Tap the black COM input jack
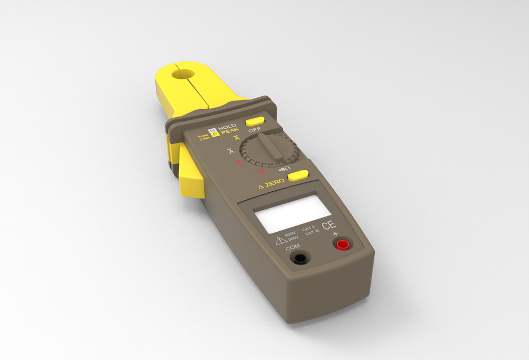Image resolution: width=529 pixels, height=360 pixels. [301, 258]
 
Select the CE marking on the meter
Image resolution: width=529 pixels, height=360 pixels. [329, 226]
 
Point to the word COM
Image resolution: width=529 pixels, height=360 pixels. [293, 247]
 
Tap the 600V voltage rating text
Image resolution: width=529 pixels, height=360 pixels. [290, 234]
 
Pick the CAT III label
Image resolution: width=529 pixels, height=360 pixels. [312, 234]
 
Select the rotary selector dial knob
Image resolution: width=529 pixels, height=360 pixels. [268, 150]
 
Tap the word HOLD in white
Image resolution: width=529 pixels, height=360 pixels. [227, 127]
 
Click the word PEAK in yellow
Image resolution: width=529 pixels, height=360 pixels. [230, 133]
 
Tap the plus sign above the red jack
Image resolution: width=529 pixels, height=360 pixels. [335, 234]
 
